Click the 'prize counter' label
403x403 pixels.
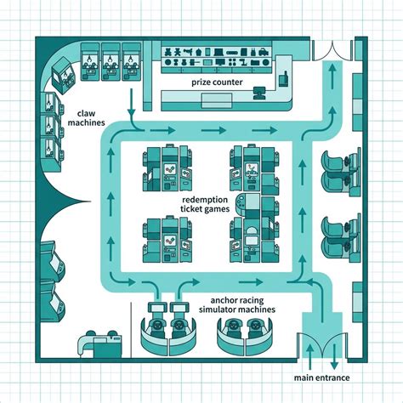(x=217, y=82)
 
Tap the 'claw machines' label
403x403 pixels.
(x=86, y=118)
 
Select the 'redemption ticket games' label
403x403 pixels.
(x=205, y=204)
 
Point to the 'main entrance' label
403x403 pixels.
(x=321, y=377)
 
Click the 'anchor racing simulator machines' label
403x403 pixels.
(x=237, y=304)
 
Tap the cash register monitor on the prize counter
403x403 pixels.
(x=259, y=94)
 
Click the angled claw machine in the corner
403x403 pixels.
(x=63, y=76)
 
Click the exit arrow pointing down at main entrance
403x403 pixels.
(x=335, y=356)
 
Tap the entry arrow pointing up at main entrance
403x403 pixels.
(x=310, y=356)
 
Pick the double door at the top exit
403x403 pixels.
(x=332, y=51)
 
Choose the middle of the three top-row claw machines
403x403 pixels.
(x=111, y=61)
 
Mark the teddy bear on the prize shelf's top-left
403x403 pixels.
(x=167, y=52)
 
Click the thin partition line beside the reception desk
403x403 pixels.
(x=131, y=330)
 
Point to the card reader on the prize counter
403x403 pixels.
(x=284, y=78)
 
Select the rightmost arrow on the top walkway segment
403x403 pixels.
(x=264, y=130)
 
